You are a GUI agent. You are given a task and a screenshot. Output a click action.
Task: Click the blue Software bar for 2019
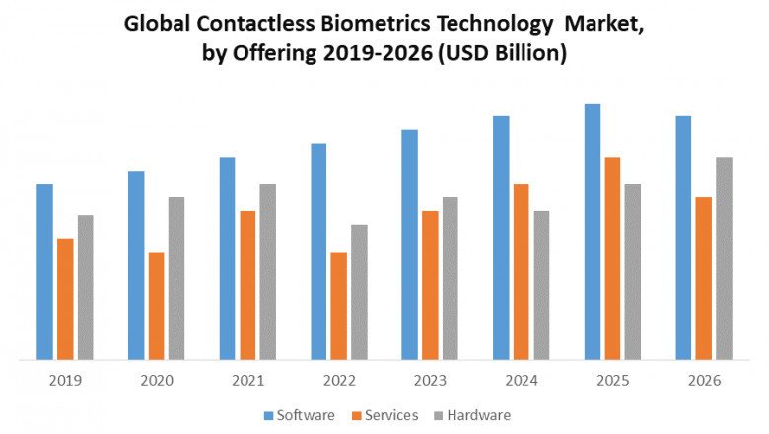44,271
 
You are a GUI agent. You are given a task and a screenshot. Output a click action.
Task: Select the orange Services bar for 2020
157,305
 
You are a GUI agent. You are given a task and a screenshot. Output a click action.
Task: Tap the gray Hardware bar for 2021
268,271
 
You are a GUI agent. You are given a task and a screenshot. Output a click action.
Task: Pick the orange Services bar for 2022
339,305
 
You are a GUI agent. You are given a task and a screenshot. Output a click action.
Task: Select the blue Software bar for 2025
593,231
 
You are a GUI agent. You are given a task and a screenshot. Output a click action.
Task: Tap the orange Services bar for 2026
704,278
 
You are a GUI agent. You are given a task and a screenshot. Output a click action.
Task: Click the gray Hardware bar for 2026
724,257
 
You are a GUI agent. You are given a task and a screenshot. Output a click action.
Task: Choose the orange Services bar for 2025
612,257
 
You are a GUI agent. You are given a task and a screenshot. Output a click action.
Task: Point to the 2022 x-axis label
339,381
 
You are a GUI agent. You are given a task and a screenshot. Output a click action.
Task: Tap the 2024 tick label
522,381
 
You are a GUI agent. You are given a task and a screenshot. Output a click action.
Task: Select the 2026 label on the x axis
704,381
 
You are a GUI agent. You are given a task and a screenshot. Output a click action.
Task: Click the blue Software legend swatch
269,415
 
